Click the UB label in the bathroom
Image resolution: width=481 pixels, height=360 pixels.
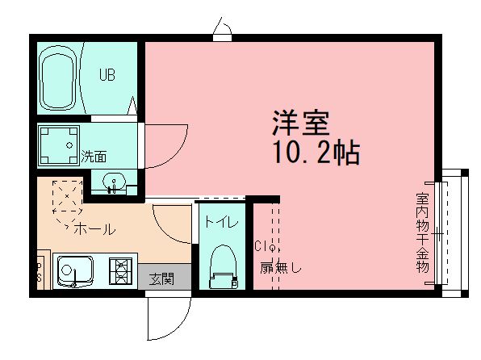107,76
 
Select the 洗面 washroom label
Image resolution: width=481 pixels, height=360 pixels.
94,157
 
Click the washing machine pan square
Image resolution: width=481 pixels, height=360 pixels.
59,146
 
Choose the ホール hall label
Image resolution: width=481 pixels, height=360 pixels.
94,229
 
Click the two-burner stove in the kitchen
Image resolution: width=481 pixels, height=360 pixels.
120,270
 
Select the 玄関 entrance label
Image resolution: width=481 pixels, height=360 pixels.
161,279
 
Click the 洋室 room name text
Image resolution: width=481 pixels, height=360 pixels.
300,124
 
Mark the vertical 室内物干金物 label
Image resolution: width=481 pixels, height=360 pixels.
422,234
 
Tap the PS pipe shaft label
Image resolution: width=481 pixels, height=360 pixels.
39,270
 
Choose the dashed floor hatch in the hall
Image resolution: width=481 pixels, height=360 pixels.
67,198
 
